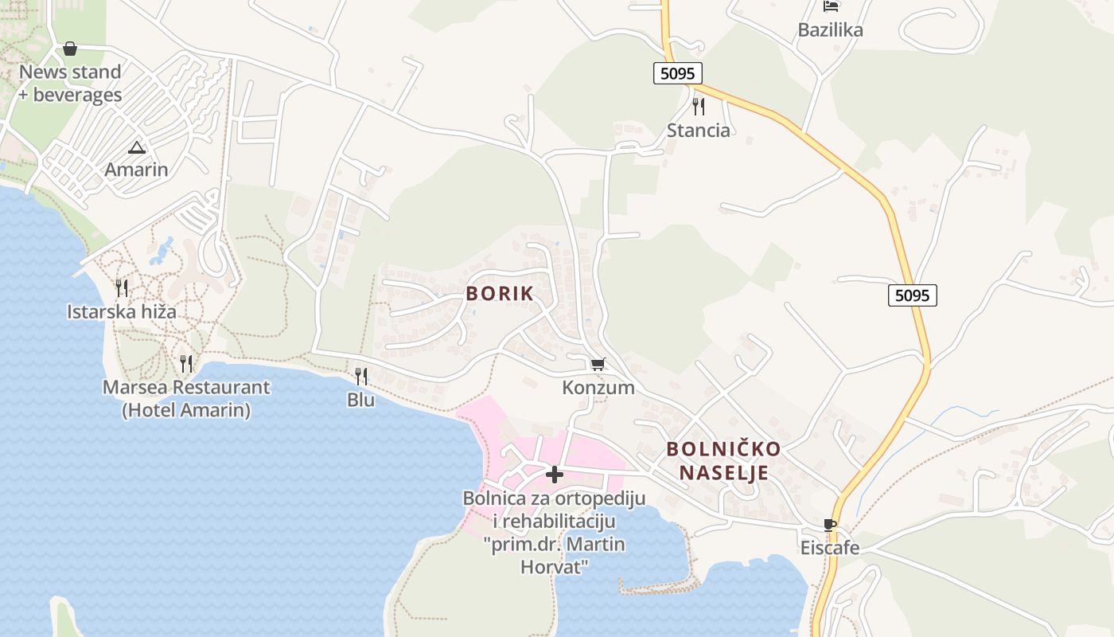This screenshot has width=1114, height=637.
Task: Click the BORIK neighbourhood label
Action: (x=500, y=293)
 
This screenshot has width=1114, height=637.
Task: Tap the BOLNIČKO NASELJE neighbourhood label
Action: (x=723, y=461)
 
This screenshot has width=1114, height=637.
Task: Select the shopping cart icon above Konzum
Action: (x=598, y=365)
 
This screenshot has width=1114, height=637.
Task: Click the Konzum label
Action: (x=598, y=388)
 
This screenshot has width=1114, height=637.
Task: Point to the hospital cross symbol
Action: (x=555, y=475)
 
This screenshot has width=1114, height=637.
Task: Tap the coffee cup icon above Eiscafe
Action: (x=830, y=526)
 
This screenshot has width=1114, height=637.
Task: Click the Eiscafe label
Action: (x=830, y=548)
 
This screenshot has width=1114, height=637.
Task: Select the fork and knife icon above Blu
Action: (x=361, y=376)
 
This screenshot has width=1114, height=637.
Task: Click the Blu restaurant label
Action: (x=361, y=400)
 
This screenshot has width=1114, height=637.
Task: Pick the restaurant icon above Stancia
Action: (x=699, y=107)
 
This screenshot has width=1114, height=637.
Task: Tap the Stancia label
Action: (x=699, y=131)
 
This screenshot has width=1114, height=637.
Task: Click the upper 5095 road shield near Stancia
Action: (x=678, y=73)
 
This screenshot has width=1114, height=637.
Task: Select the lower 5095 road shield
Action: (x=912, y=295)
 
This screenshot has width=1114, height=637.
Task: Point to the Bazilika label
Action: (x=831, y=30)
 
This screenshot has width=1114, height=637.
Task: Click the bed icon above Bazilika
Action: (x=831, y=7)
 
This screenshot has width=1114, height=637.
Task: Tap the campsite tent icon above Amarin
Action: (x=137, y=147)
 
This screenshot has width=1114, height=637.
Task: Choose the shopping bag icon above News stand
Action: (x=70, y=49)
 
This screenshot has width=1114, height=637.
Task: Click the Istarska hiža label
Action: (x=122, y=311)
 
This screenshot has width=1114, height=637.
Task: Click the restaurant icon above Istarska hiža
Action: (x=122, y=287)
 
